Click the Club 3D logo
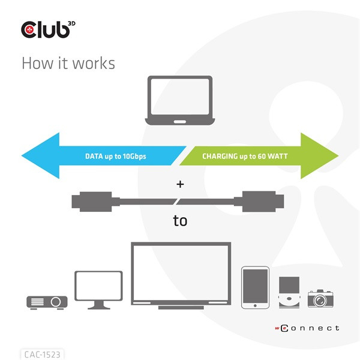[48, 30]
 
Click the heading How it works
[68, 63]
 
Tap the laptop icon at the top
[180, 100]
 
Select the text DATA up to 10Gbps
[115, 157]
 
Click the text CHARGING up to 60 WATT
[245, 157]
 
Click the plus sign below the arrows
[180, 184]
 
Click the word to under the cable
[180, 221]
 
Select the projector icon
[47, 301]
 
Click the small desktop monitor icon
[98, 289]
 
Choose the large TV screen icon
[181, 275]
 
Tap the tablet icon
[255, 287]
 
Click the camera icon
[320, 298]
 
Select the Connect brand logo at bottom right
[307, 328]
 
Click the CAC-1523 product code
[41, 354]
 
